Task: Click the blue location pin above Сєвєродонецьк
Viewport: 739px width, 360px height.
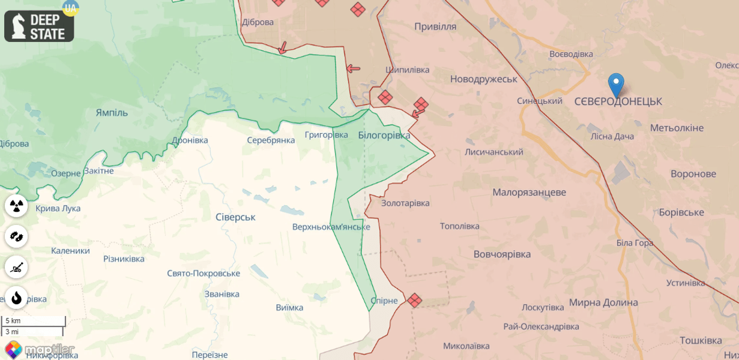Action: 616,84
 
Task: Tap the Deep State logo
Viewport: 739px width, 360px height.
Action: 39,26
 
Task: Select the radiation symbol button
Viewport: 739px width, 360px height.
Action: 16,206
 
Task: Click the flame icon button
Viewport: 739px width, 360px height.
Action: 16,298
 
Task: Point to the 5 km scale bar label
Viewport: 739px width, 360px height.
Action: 13,321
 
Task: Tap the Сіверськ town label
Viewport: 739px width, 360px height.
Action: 235,217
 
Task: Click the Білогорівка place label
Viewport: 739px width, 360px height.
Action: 384,136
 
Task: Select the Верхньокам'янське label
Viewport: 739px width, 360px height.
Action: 331,227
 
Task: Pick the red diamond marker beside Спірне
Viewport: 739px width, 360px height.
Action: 414,300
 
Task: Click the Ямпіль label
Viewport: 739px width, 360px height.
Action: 112,113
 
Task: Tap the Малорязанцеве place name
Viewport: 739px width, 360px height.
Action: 529,193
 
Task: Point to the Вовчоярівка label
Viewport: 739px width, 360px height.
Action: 502,254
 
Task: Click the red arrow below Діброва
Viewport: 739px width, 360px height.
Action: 282,48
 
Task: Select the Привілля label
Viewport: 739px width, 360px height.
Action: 435,26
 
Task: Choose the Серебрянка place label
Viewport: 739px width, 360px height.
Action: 271,140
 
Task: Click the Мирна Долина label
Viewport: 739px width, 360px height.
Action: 603,302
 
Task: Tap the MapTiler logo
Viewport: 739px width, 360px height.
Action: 40,349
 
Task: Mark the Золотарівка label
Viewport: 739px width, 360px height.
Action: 405,203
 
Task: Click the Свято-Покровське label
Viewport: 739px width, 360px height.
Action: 204,274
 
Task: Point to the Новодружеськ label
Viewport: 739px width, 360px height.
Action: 483,79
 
